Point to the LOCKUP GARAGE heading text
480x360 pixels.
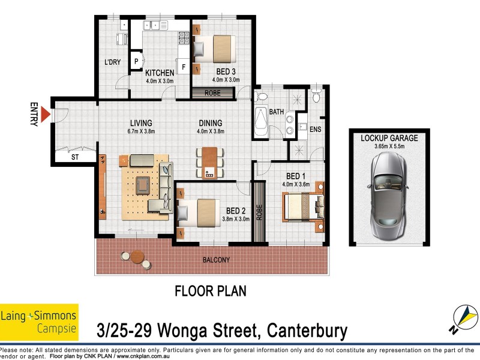click(389, 138)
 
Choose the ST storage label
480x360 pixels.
click(74, 157)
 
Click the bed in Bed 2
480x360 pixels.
click(200, 212)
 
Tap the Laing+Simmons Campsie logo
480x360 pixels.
click(39, 322)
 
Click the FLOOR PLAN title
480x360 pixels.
click(210, 291)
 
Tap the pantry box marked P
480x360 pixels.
click(136, 60)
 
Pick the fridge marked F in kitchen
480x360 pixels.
click(184, 66)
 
